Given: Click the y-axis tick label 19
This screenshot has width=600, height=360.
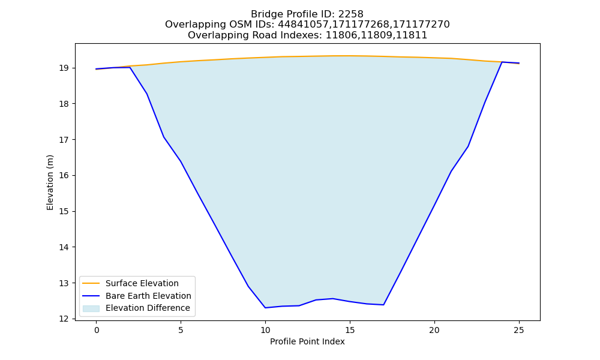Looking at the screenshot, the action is pos(64,68).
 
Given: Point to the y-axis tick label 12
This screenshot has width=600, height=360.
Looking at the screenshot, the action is pos(64,319).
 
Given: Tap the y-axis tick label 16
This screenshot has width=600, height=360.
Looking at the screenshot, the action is pos(64,176).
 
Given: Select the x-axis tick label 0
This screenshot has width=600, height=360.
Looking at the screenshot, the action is pos(97,330).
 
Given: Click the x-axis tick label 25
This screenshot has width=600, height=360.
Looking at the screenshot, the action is pos(519,330).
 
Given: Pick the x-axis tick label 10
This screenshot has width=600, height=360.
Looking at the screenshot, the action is pos(265,330).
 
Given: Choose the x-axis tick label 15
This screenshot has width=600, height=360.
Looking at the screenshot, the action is pos(350,330).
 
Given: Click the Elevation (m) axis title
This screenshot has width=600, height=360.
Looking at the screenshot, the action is pos(50,182).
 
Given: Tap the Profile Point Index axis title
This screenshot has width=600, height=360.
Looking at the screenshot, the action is pos(307,341).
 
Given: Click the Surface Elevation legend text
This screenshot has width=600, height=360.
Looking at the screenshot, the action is pos(142,283).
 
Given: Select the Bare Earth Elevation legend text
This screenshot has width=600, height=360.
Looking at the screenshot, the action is pos(148,296).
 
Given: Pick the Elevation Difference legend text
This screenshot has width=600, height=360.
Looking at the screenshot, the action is pos(148,308).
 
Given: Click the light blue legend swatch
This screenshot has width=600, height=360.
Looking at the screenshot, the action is pos(91,308).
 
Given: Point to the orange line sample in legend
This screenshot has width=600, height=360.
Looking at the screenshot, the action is pos(91,283).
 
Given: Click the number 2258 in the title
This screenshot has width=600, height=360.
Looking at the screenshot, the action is pos(351,14).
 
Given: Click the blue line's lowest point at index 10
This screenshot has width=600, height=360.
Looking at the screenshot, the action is pos(265,308).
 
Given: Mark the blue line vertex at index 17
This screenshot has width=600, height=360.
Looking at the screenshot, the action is pos(383,305).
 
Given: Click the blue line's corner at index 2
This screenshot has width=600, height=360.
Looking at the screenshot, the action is pos(130,67).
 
